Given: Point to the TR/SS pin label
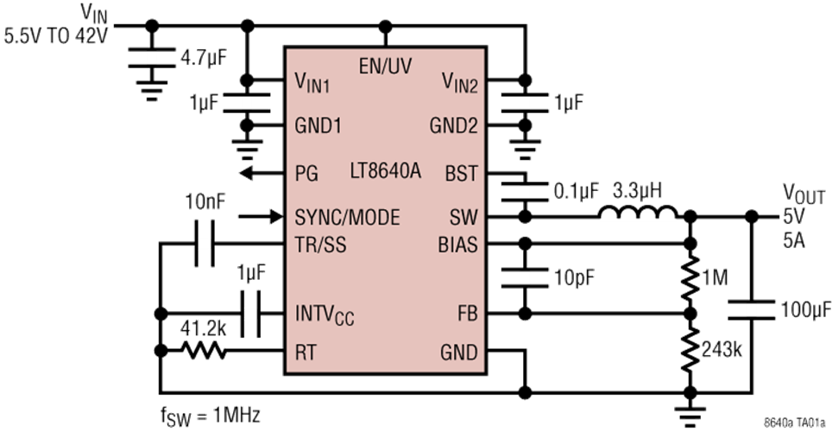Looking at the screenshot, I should [320, 245].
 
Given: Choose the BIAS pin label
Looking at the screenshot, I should [457, 245].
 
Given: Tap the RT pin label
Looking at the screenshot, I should [306, 353].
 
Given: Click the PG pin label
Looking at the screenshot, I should [306, 173].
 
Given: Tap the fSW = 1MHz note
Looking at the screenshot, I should [211, 415].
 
